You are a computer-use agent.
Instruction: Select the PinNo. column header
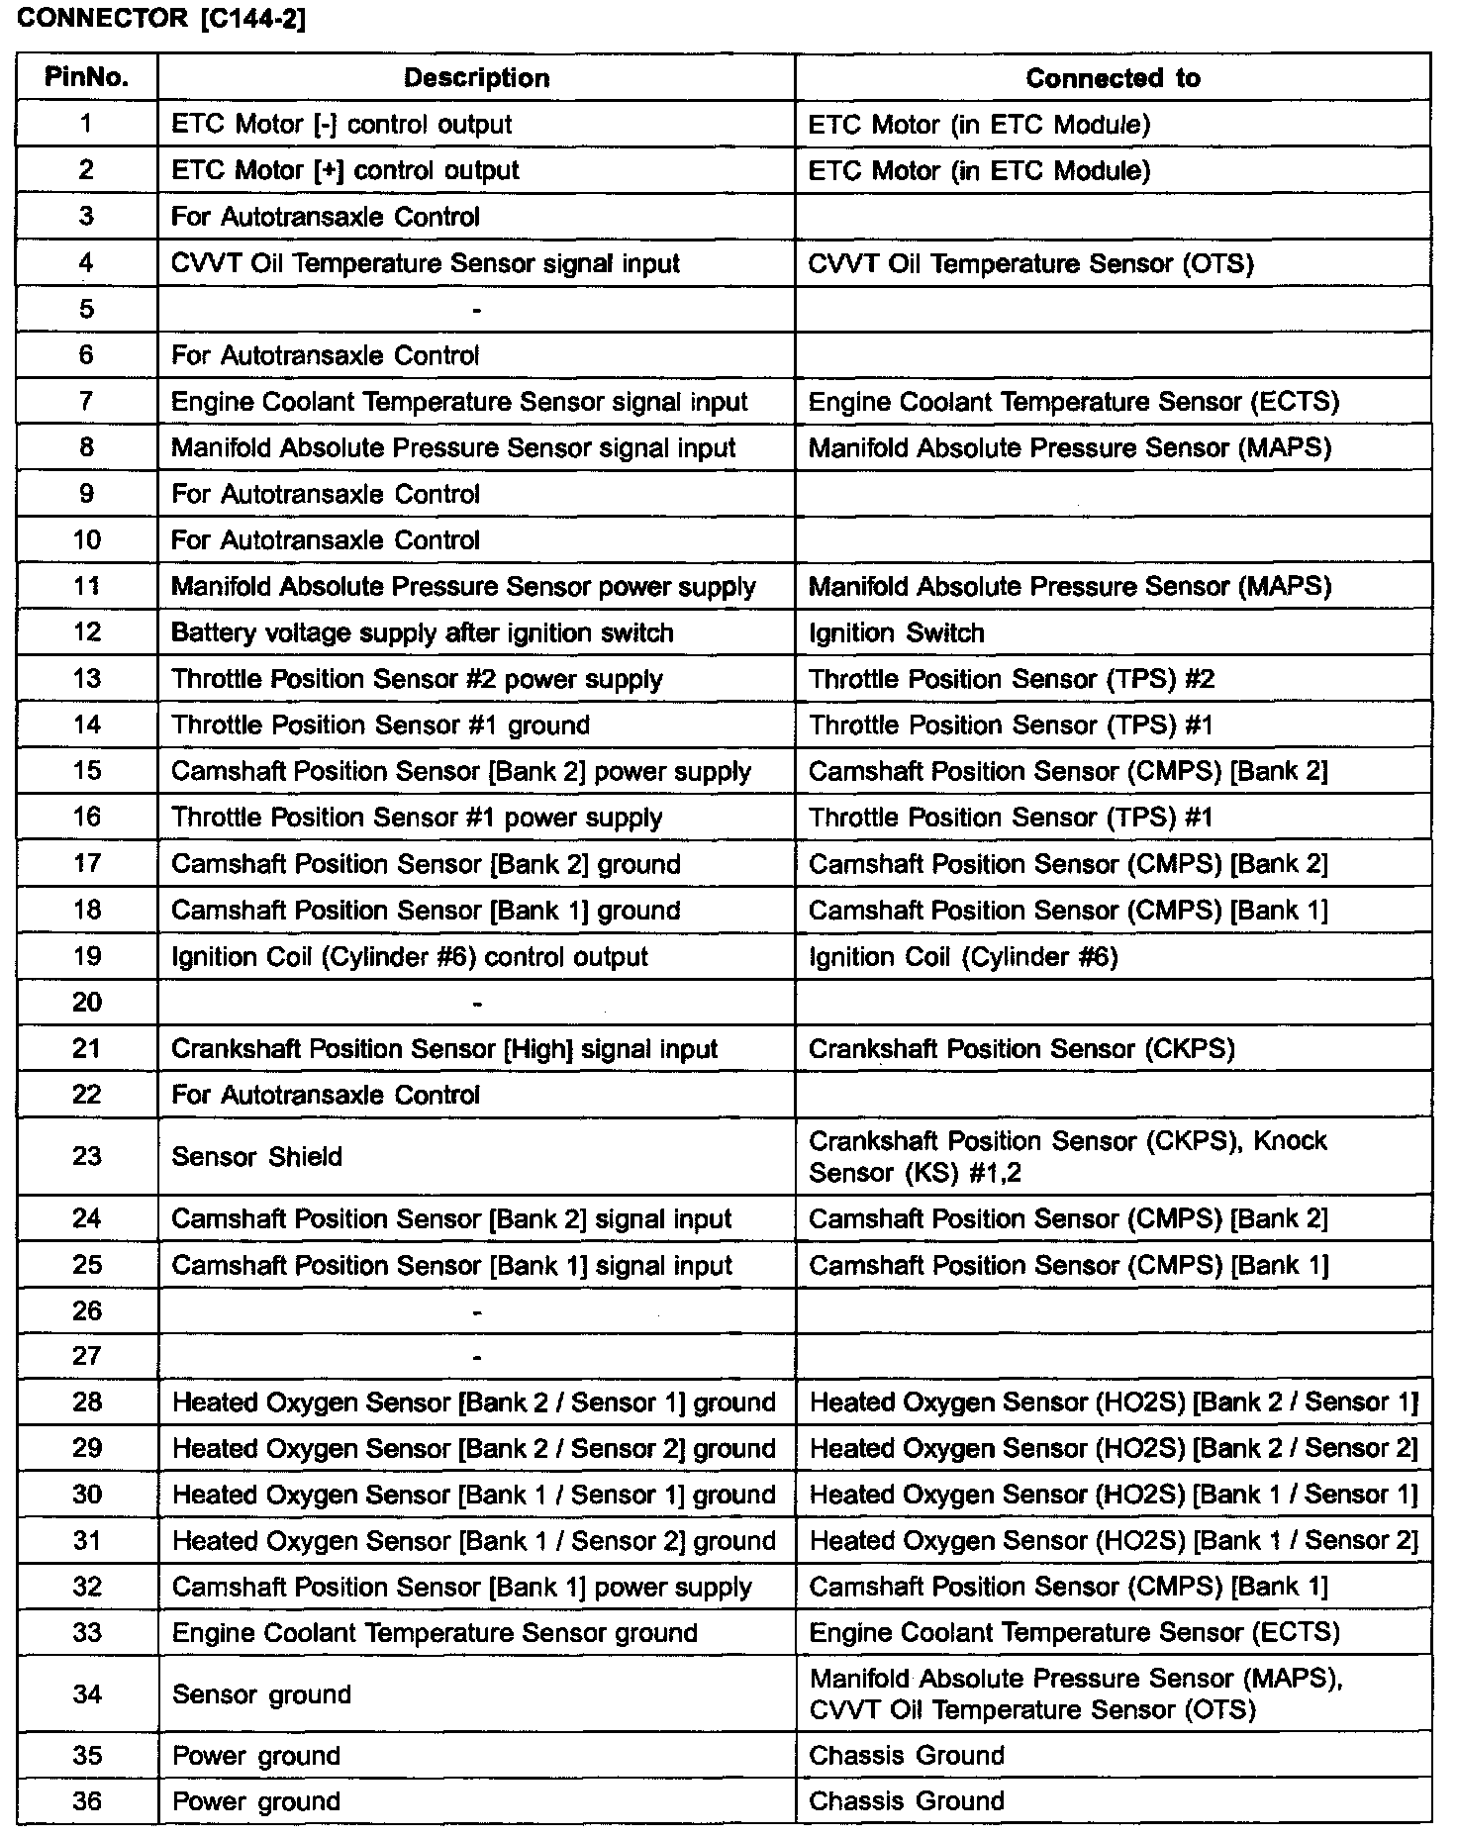coord(87,78)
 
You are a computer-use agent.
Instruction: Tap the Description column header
coord(476,78)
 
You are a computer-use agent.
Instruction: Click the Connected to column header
coord(1113,78)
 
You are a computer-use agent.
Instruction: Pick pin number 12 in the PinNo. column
coord(87,632)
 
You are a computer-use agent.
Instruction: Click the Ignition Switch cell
coord(896,633)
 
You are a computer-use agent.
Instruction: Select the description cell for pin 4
coord(425,263)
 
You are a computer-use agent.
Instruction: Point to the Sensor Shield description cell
coord(256,1156)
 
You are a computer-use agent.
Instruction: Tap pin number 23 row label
coord(87,1156)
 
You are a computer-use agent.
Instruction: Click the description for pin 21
coord(443,1049)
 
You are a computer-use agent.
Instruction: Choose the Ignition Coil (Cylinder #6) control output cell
coord(409,957)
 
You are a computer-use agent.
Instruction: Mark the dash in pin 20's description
coord(477,1004)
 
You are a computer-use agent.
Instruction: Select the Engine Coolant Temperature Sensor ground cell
coord(435,1633)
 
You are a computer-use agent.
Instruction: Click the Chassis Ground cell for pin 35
coord(906,1756)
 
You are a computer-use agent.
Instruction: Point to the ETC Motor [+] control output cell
coord(344,170)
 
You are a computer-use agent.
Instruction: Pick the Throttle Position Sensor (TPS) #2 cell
coord(1011,679)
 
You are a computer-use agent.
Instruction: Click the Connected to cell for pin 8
coord(1069,448)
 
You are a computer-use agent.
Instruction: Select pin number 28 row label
coord(87,1402)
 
